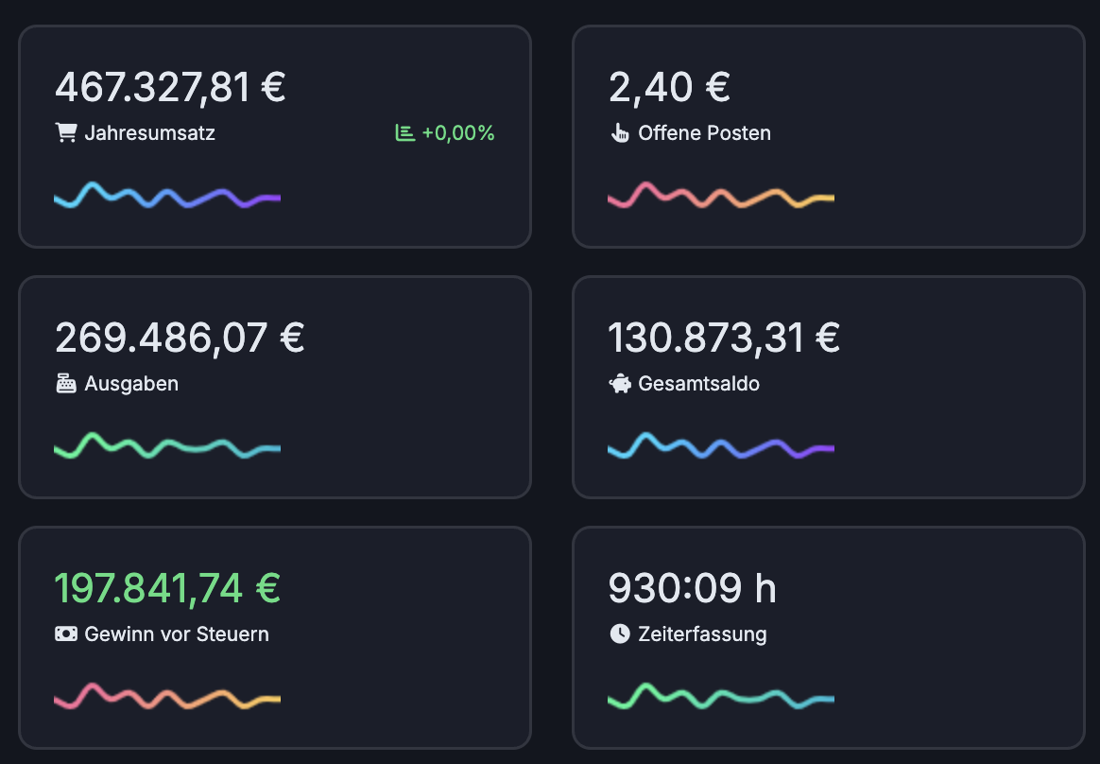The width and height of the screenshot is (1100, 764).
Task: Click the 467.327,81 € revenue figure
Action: point(170,87)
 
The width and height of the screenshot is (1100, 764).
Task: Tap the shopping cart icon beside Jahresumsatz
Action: point(66,133)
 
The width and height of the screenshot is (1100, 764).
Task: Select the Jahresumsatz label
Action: point(149,133)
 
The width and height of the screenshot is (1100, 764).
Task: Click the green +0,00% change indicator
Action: point(457,133)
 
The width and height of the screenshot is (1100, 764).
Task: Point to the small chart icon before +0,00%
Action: point(405,133)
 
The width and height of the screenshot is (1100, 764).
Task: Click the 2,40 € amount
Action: point(669,87)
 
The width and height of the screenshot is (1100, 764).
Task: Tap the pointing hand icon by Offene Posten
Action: point(620,133)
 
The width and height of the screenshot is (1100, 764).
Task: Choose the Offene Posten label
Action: point(704,133)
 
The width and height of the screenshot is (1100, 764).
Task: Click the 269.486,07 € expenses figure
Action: point(180,338)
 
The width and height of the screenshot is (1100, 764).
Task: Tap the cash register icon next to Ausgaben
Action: point(66,384)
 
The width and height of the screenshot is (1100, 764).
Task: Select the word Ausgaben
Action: point(131,384)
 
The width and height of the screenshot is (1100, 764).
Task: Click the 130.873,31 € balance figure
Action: point(724,338)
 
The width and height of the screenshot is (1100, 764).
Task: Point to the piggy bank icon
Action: point(620,384)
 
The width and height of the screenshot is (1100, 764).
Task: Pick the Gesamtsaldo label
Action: point(698,384)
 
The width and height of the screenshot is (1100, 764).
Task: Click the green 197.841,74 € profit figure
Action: point(167,588)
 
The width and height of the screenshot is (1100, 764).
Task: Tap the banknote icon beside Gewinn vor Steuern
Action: point(66,634)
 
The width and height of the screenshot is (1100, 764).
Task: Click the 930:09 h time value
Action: point(692,588)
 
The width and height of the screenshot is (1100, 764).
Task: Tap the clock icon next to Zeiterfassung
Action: point(620,634)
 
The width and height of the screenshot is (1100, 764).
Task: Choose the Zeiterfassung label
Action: point(702,634)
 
